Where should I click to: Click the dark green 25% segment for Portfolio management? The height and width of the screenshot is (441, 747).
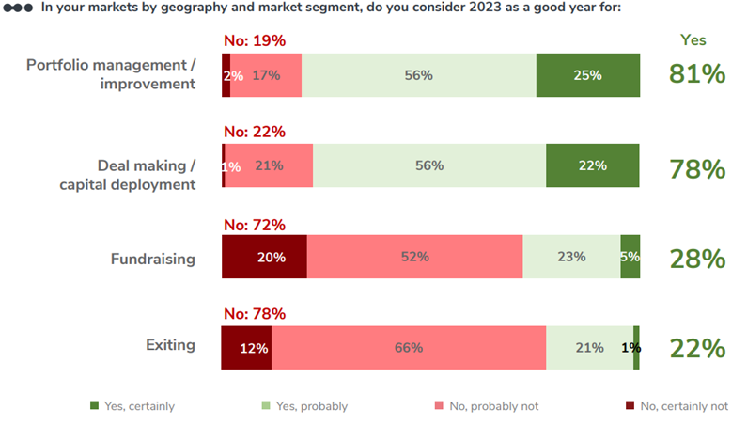(x=587, y=75)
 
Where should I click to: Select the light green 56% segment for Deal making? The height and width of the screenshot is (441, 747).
(x=428, y=165)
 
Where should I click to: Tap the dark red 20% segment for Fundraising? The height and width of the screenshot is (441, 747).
(x=264, y=257)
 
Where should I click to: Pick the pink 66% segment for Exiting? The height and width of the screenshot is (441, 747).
(x=409, y=348)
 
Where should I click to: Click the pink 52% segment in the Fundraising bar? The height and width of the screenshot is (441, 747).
(x=414, y=257)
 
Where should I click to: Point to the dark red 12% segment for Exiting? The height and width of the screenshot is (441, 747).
(x=247, y=348)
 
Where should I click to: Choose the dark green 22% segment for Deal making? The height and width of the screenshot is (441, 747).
(x=592, y=165)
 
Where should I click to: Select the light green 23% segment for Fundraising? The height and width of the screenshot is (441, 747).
(x=571, y=257)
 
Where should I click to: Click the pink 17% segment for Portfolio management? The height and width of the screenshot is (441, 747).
(x=266, y=75)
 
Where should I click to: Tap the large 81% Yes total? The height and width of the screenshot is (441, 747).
(x=696, y=74)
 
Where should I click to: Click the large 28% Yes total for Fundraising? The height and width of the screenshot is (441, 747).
(x=696, y=258)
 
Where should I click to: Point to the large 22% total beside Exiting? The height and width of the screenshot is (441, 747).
(x=696, y=348)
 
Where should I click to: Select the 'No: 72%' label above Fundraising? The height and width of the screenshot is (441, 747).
(x=254, y=225)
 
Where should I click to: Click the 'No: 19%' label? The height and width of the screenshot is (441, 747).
(x=254, y=41)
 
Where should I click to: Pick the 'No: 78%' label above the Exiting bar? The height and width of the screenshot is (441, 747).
(x=254, y=314)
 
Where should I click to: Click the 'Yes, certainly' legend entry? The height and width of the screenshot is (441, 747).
(x=132, y=406)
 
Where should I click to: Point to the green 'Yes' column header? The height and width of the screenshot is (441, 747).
(x=693, y=40)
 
